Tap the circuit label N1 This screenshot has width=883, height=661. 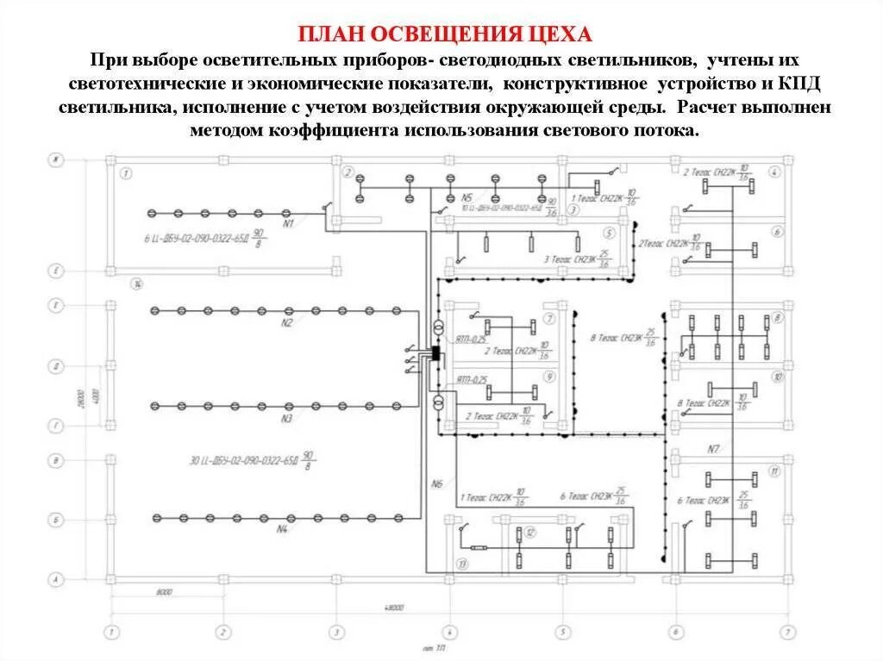click(289, 223)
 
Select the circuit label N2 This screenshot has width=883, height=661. click(286, 322)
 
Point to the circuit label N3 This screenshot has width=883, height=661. click(286, 418)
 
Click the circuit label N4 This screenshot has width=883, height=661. click(282, 528)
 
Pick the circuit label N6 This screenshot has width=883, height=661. click(436, 484)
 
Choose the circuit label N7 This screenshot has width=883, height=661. click(713, 449)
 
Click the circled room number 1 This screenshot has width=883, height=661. click(126, 174)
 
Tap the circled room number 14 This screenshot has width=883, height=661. click(135, 284)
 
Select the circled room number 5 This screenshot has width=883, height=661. click(609, 233)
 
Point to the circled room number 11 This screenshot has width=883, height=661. click(775, 471)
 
